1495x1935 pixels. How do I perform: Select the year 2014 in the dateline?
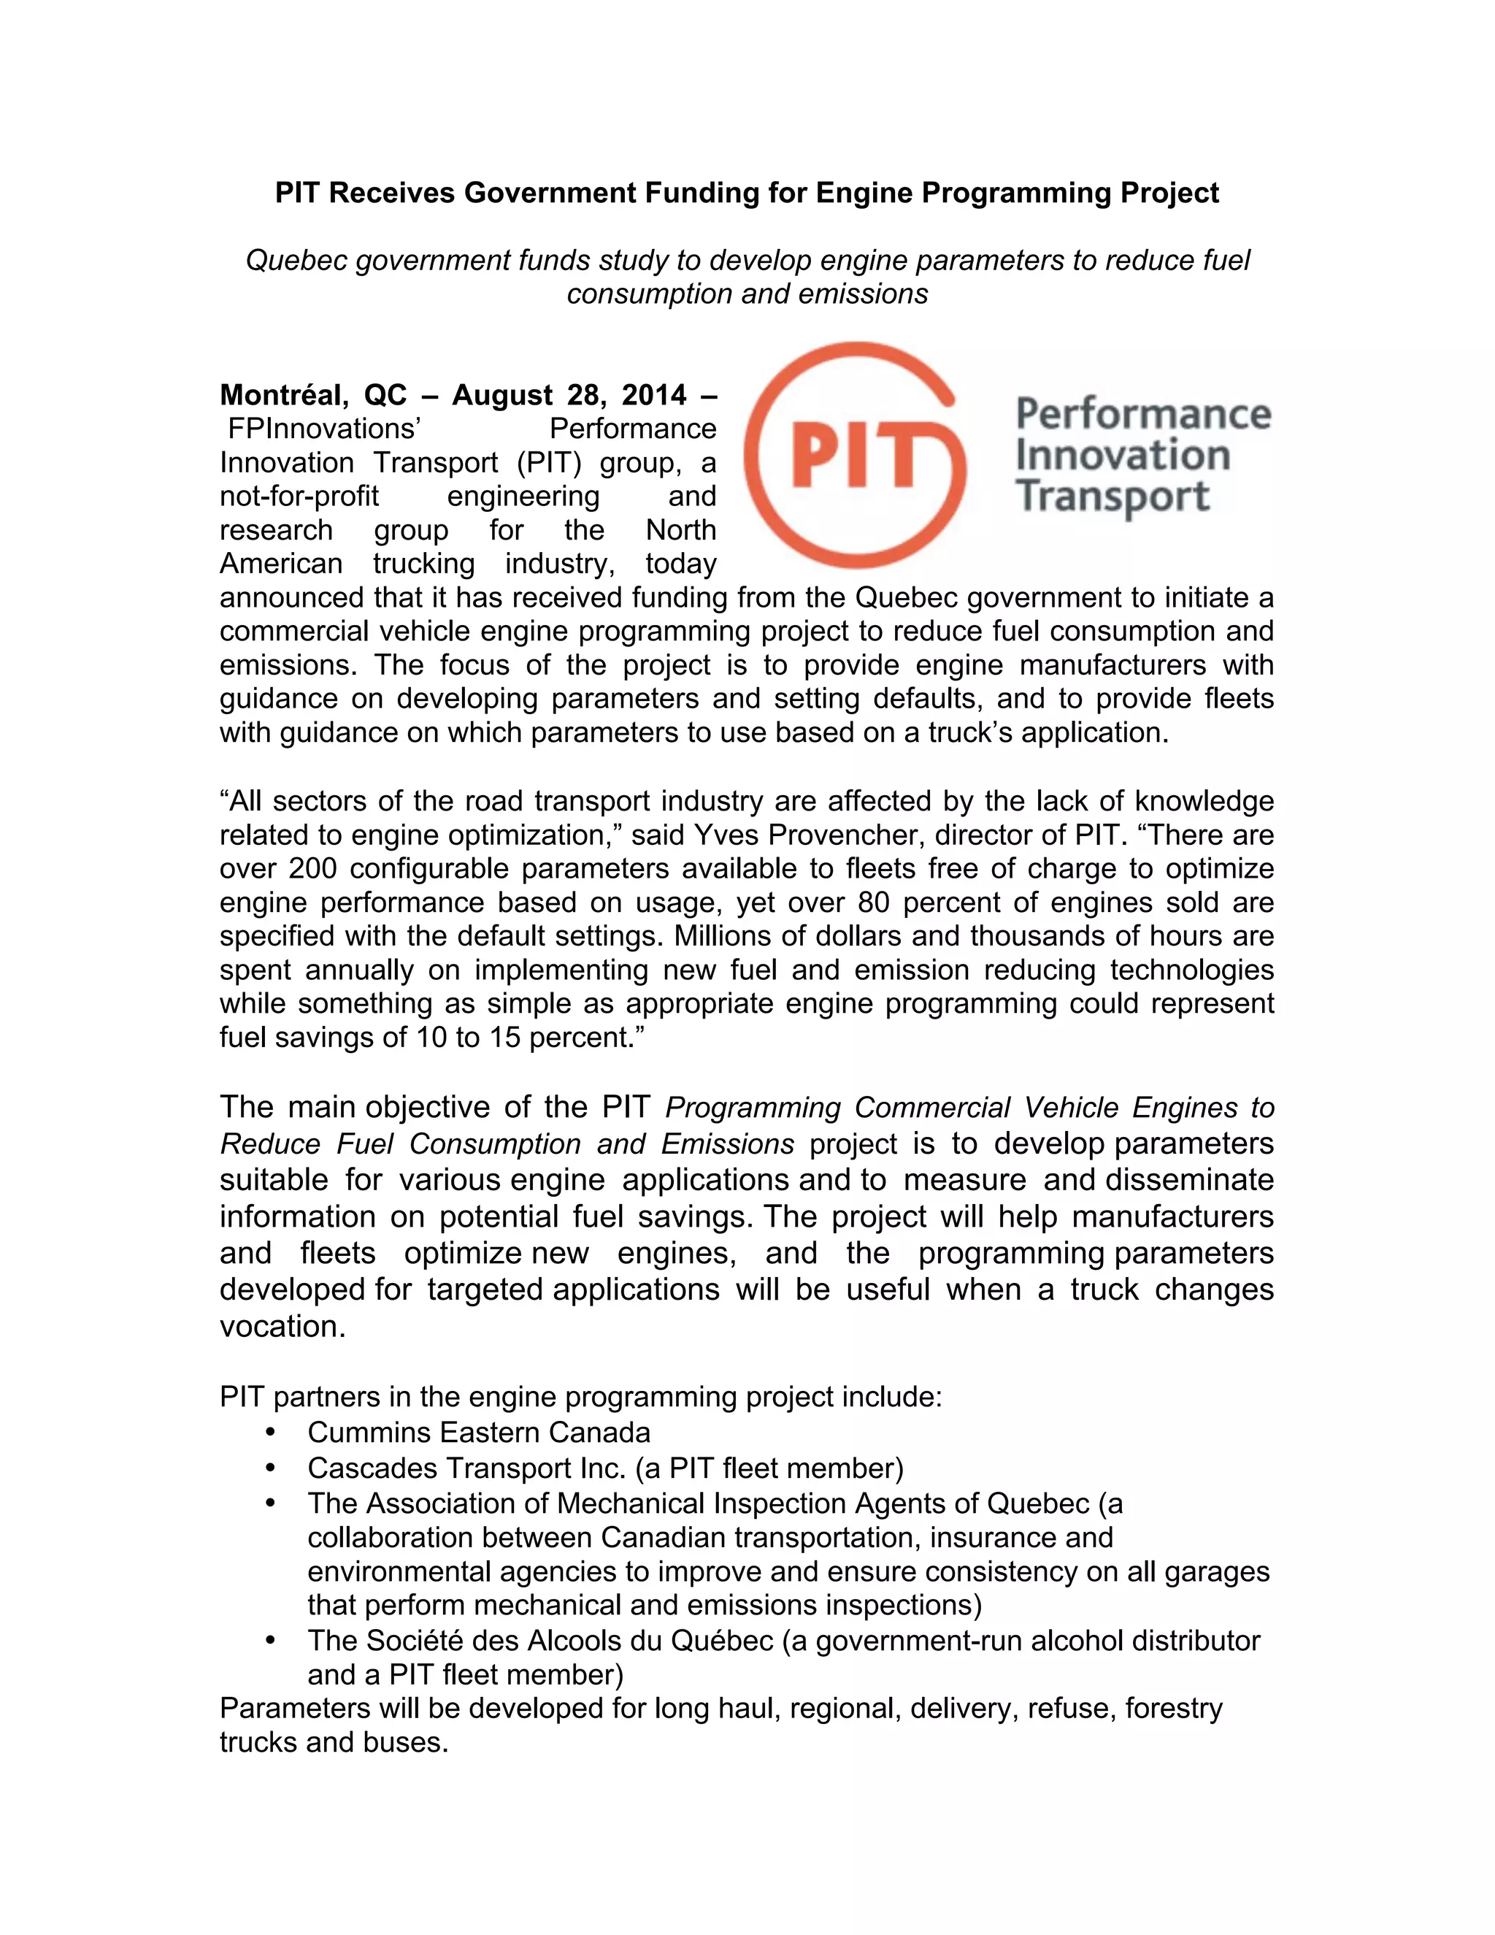point(653,395)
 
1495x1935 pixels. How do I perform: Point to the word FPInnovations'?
point(323,429)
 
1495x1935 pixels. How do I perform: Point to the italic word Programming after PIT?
point(752,1108)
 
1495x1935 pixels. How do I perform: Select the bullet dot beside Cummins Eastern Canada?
point(270,1433)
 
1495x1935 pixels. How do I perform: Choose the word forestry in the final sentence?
point(1174,1708)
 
